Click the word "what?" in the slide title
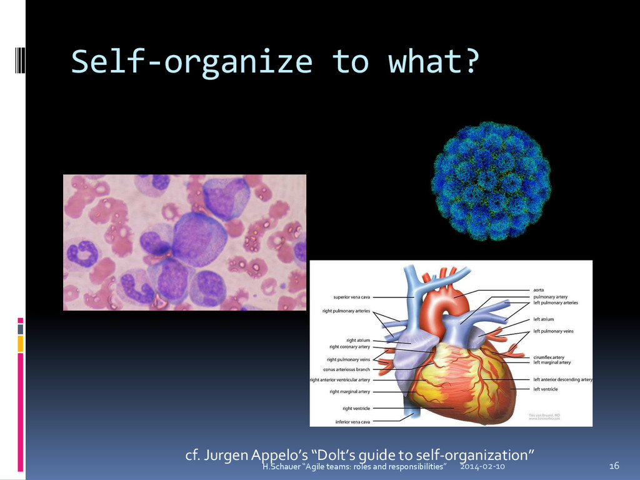[434, 62]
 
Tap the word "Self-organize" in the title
[191, 62]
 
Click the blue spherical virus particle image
[491, 181]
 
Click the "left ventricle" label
[545, 389]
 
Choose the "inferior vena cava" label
[352, 422]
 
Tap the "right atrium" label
[358, 341]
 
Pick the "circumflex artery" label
[549, 357]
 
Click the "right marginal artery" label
[350, 392]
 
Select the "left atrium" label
[543, 319]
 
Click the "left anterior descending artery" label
[562, 379]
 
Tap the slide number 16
[614, 466]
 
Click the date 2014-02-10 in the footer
[482, 467]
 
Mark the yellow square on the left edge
[20, 343]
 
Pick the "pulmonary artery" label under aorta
[550, 297]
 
